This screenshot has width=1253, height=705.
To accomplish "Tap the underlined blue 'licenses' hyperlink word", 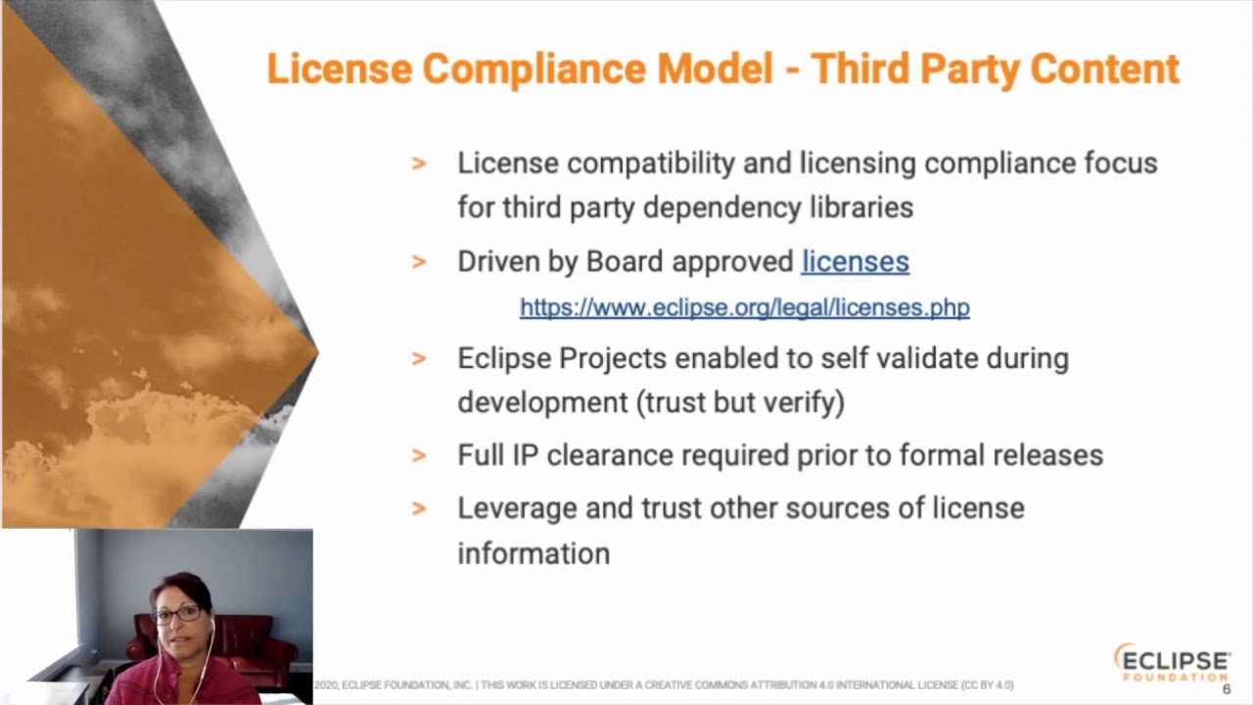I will click(855, 261).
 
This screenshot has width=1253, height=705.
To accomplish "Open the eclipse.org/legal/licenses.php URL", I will click(744, 307).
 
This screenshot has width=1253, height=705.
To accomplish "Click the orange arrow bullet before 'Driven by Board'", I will click(419, 262).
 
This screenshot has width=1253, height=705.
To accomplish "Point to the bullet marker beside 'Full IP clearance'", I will click(419, 455).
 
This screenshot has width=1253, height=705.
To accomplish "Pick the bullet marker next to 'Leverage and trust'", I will click(419, 508).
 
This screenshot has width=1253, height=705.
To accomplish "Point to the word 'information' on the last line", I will click(534, 553).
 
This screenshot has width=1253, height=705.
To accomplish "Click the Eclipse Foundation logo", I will click(1172, 662).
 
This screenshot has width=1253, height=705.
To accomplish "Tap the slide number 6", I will click(1227, 689).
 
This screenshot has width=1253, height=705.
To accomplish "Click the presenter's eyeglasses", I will click(178, 615).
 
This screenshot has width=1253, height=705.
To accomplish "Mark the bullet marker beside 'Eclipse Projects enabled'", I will click(419, 358).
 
